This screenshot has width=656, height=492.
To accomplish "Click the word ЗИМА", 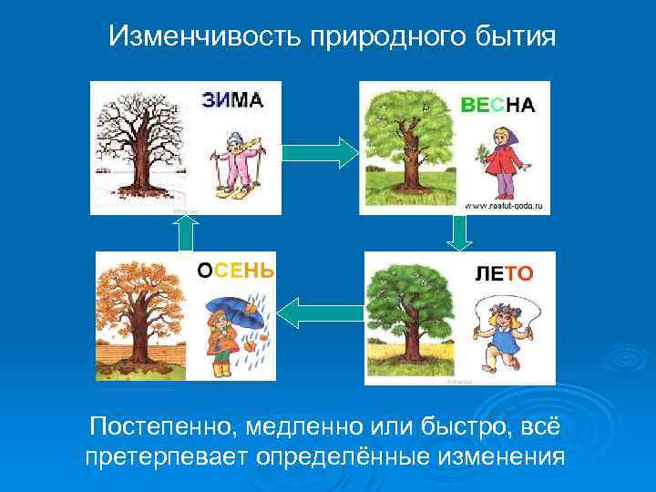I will coord(232,100).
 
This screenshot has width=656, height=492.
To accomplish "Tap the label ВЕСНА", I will coord(497,105).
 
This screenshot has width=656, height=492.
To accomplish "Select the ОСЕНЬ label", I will coord(236,270).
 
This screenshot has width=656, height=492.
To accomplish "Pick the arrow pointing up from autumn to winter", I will coord(187,232).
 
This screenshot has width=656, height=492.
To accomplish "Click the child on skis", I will coord(236,164).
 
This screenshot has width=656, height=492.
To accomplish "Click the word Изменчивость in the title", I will coord(206,36).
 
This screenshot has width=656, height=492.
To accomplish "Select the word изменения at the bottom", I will coord(493,455).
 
